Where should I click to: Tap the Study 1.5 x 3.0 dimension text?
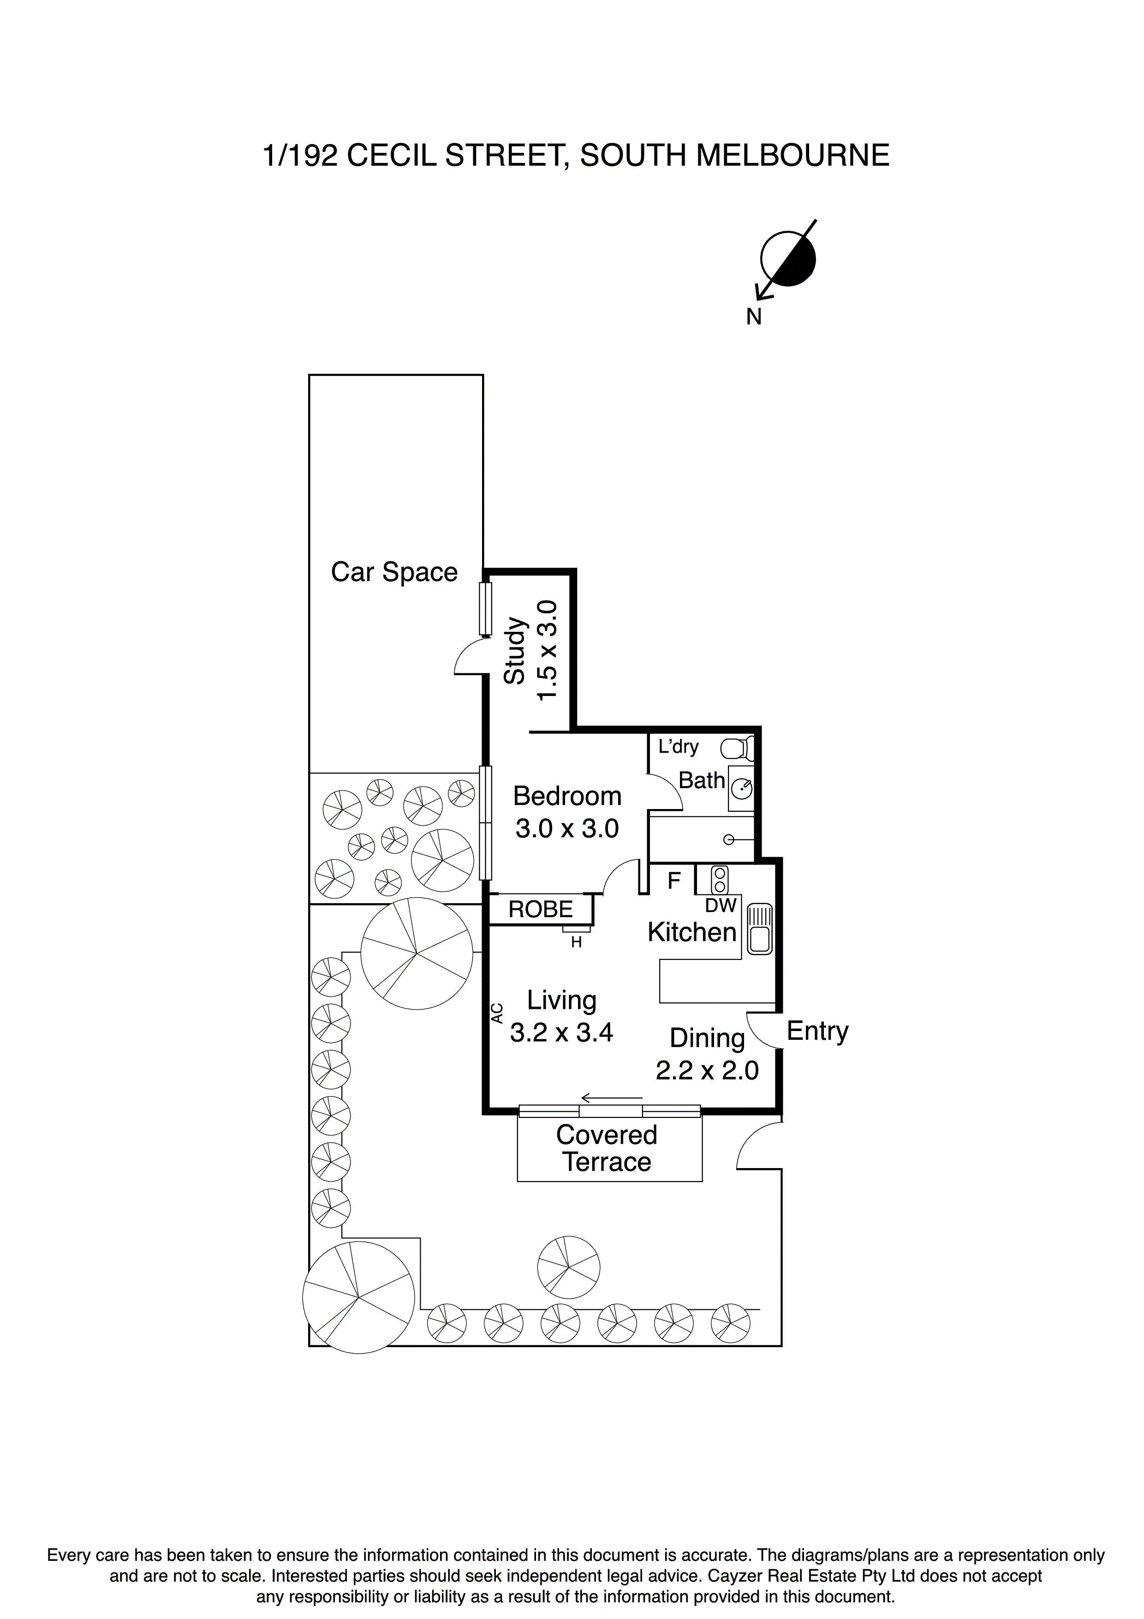coord(548,650)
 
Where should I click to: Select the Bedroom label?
coord(567,796)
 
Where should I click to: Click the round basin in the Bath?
coord(741,788)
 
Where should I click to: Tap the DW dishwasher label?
coord(721,905)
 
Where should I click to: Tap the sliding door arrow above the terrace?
coord(612,1098)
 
